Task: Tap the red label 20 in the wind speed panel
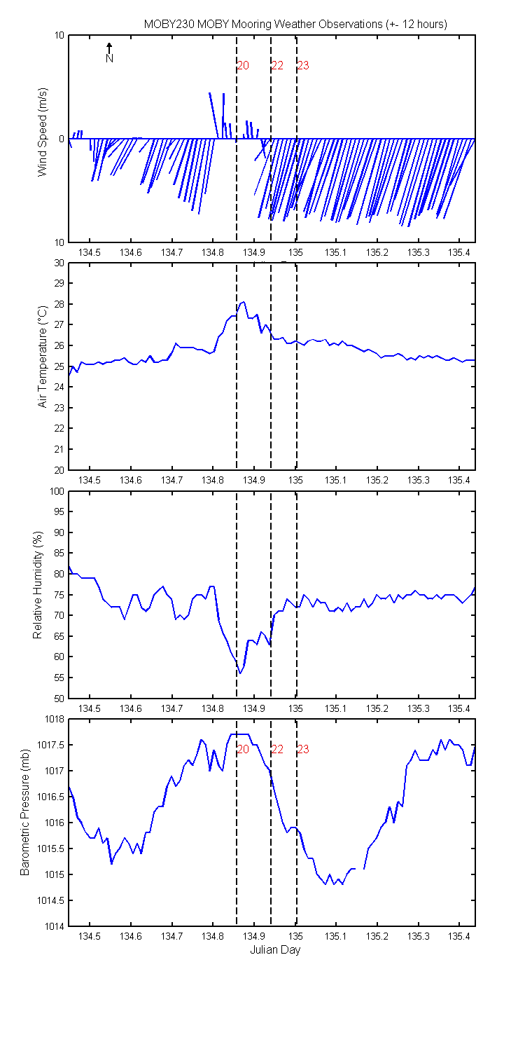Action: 243,66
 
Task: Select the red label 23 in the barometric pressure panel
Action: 303,750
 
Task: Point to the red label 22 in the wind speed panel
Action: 277,66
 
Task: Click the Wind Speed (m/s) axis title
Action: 43,132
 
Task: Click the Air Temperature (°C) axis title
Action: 43,357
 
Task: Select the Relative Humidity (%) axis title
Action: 38,585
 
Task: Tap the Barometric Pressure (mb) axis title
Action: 24,812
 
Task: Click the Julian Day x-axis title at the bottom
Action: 275,950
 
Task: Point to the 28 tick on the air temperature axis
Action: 59,304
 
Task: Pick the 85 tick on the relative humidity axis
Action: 59,554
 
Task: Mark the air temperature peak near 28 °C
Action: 244,302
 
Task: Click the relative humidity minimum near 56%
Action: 240,673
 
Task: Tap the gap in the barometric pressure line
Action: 360,869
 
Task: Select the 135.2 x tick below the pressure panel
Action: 377,937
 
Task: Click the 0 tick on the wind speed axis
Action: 62,139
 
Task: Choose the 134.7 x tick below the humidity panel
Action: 171,708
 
